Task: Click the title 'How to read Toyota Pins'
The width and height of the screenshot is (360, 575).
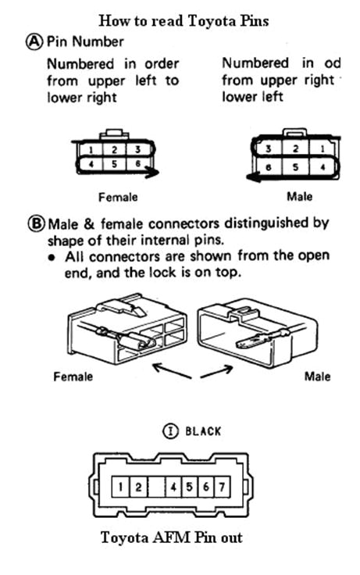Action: pos(184,20)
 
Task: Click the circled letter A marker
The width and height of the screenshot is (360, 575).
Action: pos(35,41)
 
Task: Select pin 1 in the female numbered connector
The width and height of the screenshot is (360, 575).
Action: pos(91,149)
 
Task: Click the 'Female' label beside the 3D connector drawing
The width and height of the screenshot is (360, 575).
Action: pos(73,377)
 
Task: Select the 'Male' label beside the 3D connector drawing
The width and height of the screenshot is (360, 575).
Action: pos(317,377)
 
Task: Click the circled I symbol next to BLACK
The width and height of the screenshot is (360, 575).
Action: pos(171,430)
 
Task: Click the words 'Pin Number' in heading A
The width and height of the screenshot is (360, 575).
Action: pos(85,41)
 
